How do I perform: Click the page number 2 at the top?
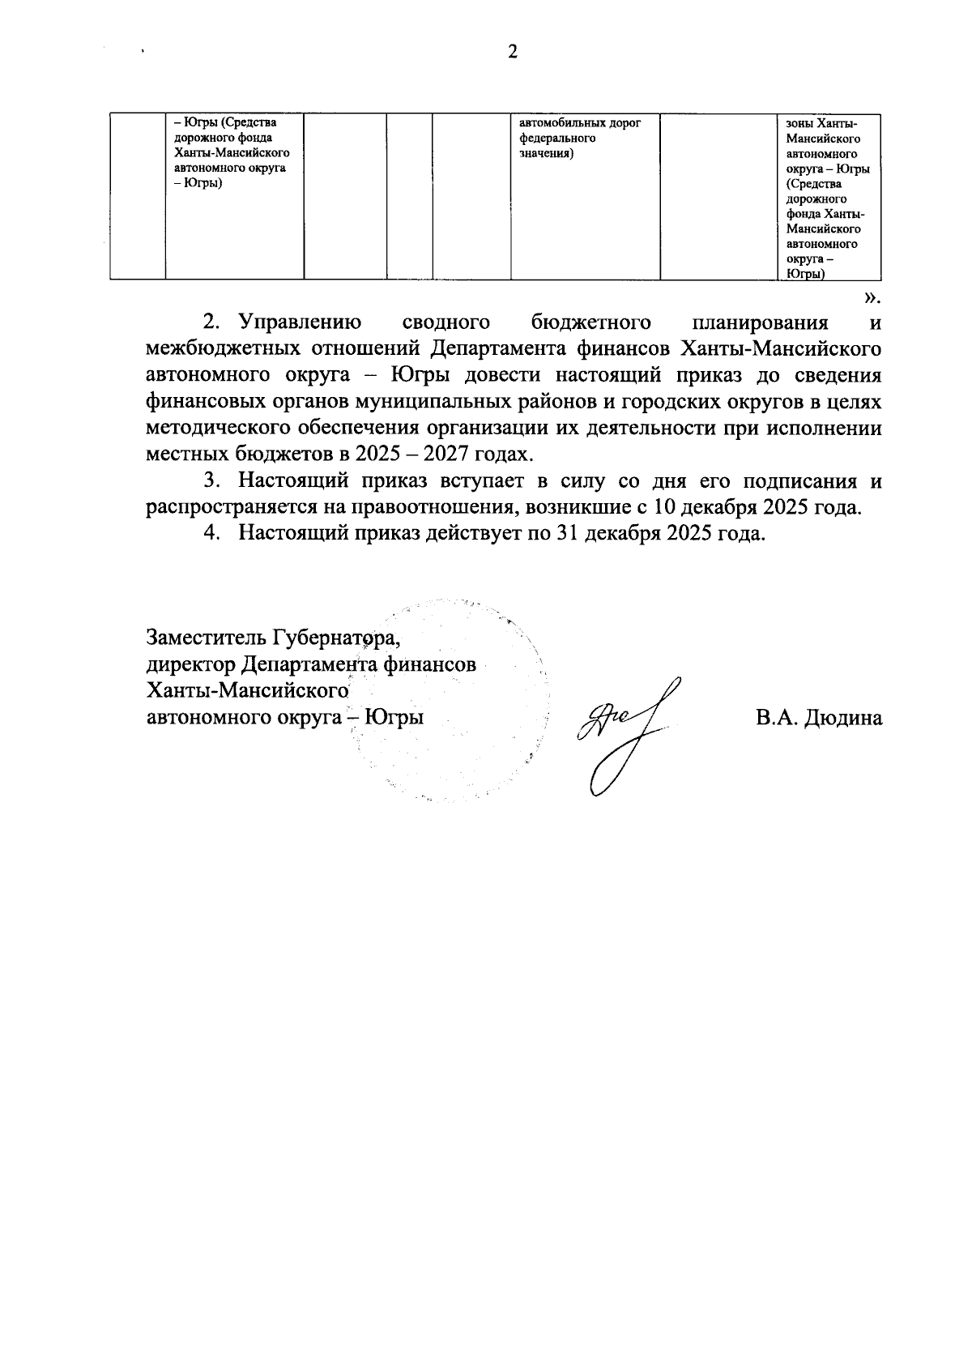[511, 53]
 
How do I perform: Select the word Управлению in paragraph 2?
[301, 323]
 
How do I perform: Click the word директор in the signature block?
[191, 664]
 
